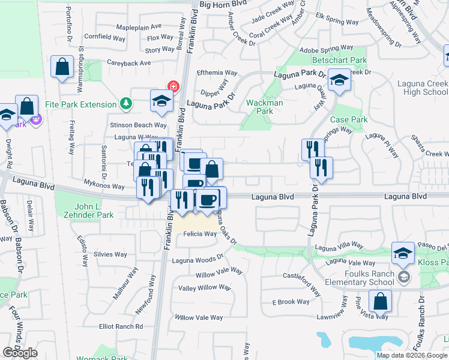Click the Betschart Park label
(339, 61)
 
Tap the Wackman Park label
(265, 107)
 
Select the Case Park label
(349, 120)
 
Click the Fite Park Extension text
(79, 104)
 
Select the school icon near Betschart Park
(339, 81)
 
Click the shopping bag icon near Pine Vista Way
(380, 301)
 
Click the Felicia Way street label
(200, 234)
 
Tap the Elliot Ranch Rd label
(121, 326)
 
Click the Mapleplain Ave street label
(139, 27)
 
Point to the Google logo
(20, 353)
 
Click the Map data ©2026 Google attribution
(412, 355)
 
